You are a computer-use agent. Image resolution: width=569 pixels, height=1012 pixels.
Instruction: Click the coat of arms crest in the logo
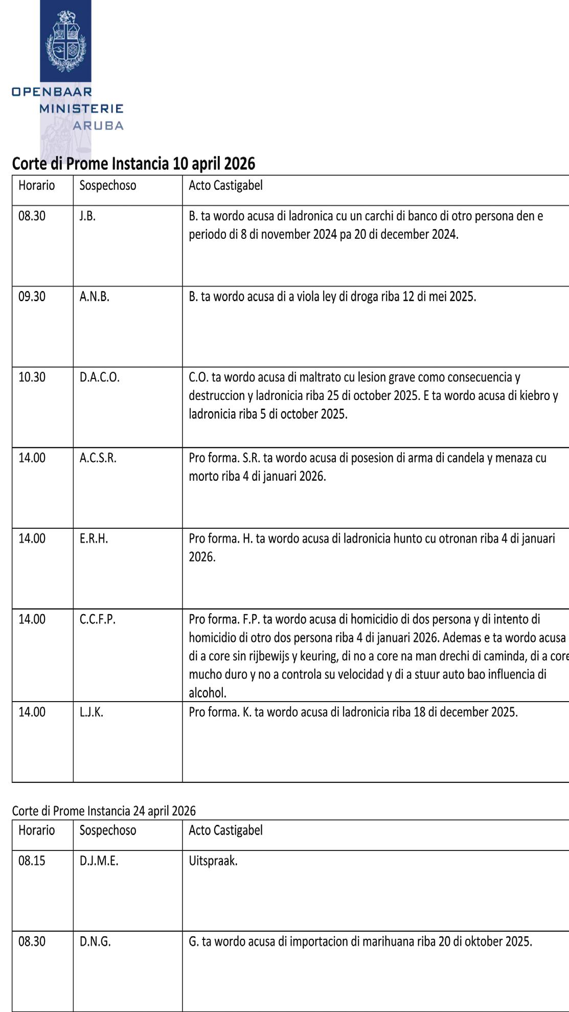point(65,41)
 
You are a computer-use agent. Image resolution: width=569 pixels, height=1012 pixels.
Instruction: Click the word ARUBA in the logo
point(98,126)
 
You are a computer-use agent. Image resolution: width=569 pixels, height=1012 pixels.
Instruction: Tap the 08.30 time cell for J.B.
point(32,216)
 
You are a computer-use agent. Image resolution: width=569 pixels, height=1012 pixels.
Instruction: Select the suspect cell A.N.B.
point(94,297)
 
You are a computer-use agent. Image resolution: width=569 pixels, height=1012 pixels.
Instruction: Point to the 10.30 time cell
point(32,377)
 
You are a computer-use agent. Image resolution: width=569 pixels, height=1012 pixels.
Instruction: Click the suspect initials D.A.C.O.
point(99,377)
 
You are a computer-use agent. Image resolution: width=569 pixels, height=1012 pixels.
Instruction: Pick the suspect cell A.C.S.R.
point(98,458)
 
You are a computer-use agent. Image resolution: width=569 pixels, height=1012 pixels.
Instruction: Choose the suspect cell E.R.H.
point(94,538)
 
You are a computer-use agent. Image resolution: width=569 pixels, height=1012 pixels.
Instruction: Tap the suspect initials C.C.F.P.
point(97,619)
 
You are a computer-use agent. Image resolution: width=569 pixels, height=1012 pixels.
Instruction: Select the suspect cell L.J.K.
point(91,712)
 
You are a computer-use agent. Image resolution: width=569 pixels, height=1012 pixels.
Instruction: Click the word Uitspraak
point(213,861)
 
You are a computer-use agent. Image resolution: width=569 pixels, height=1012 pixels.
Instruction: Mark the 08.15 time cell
point(32,861)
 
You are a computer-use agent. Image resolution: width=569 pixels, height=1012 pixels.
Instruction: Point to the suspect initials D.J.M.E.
point(99,861)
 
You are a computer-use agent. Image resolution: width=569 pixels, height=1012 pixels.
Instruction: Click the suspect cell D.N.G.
point(95,941)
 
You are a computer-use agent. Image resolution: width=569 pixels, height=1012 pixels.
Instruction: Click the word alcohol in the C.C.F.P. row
point(207,693)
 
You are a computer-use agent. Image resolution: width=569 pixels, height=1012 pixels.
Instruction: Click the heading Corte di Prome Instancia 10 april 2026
point(133,164)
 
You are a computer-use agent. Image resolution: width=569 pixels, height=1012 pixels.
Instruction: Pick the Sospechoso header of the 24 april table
point(108,830)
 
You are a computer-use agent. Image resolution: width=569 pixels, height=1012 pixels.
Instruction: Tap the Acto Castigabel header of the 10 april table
point(225,185)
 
